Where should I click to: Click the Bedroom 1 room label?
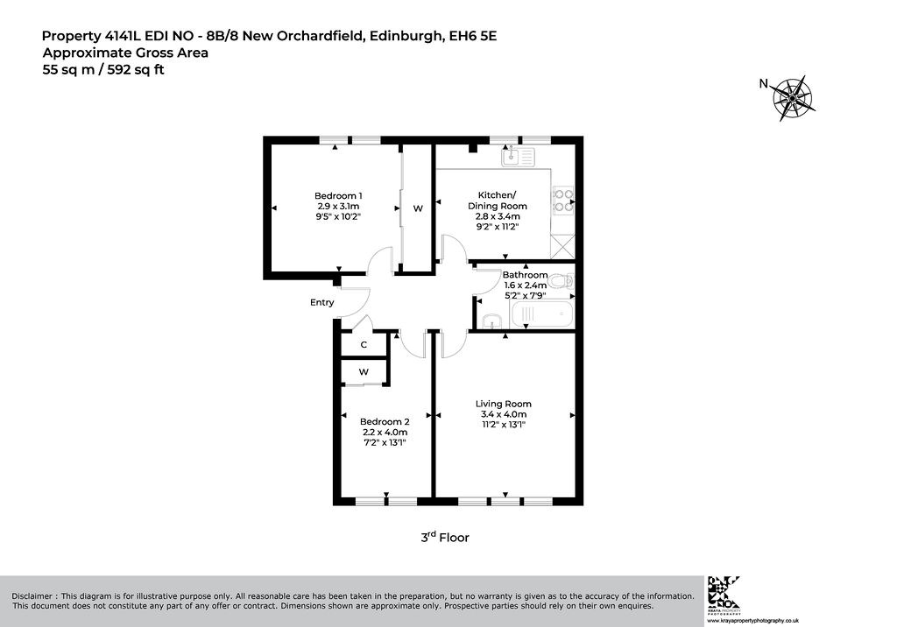click(x=338, y=195)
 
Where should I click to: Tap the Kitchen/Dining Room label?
click(x=498, y=201)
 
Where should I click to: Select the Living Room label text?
click(x=504, y=404)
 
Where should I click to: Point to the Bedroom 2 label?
click(x=385, y=421)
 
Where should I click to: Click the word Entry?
click(x=322, y=302)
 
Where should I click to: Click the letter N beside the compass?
click(x=763, y=83)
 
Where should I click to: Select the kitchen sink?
click(x=519, y=156)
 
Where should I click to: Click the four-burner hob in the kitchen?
click(x=563, y=201)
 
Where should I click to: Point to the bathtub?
click(x=541, y=315)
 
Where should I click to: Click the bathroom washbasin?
click(x=491, y=322)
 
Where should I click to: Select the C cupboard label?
click(x=364, y=345)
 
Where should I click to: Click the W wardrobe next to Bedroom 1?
click(x=418, y=208)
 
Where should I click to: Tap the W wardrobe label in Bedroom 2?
click(x=364, y=372)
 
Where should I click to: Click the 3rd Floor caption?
click(x=445, y=537)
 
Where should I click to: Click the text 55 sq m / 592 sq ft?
click(x=103, y=70)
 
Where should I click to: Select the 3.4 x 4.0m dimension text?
click(x=504, y=414)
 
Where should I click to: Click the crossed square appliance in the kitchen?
click(x=562, y=247)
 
